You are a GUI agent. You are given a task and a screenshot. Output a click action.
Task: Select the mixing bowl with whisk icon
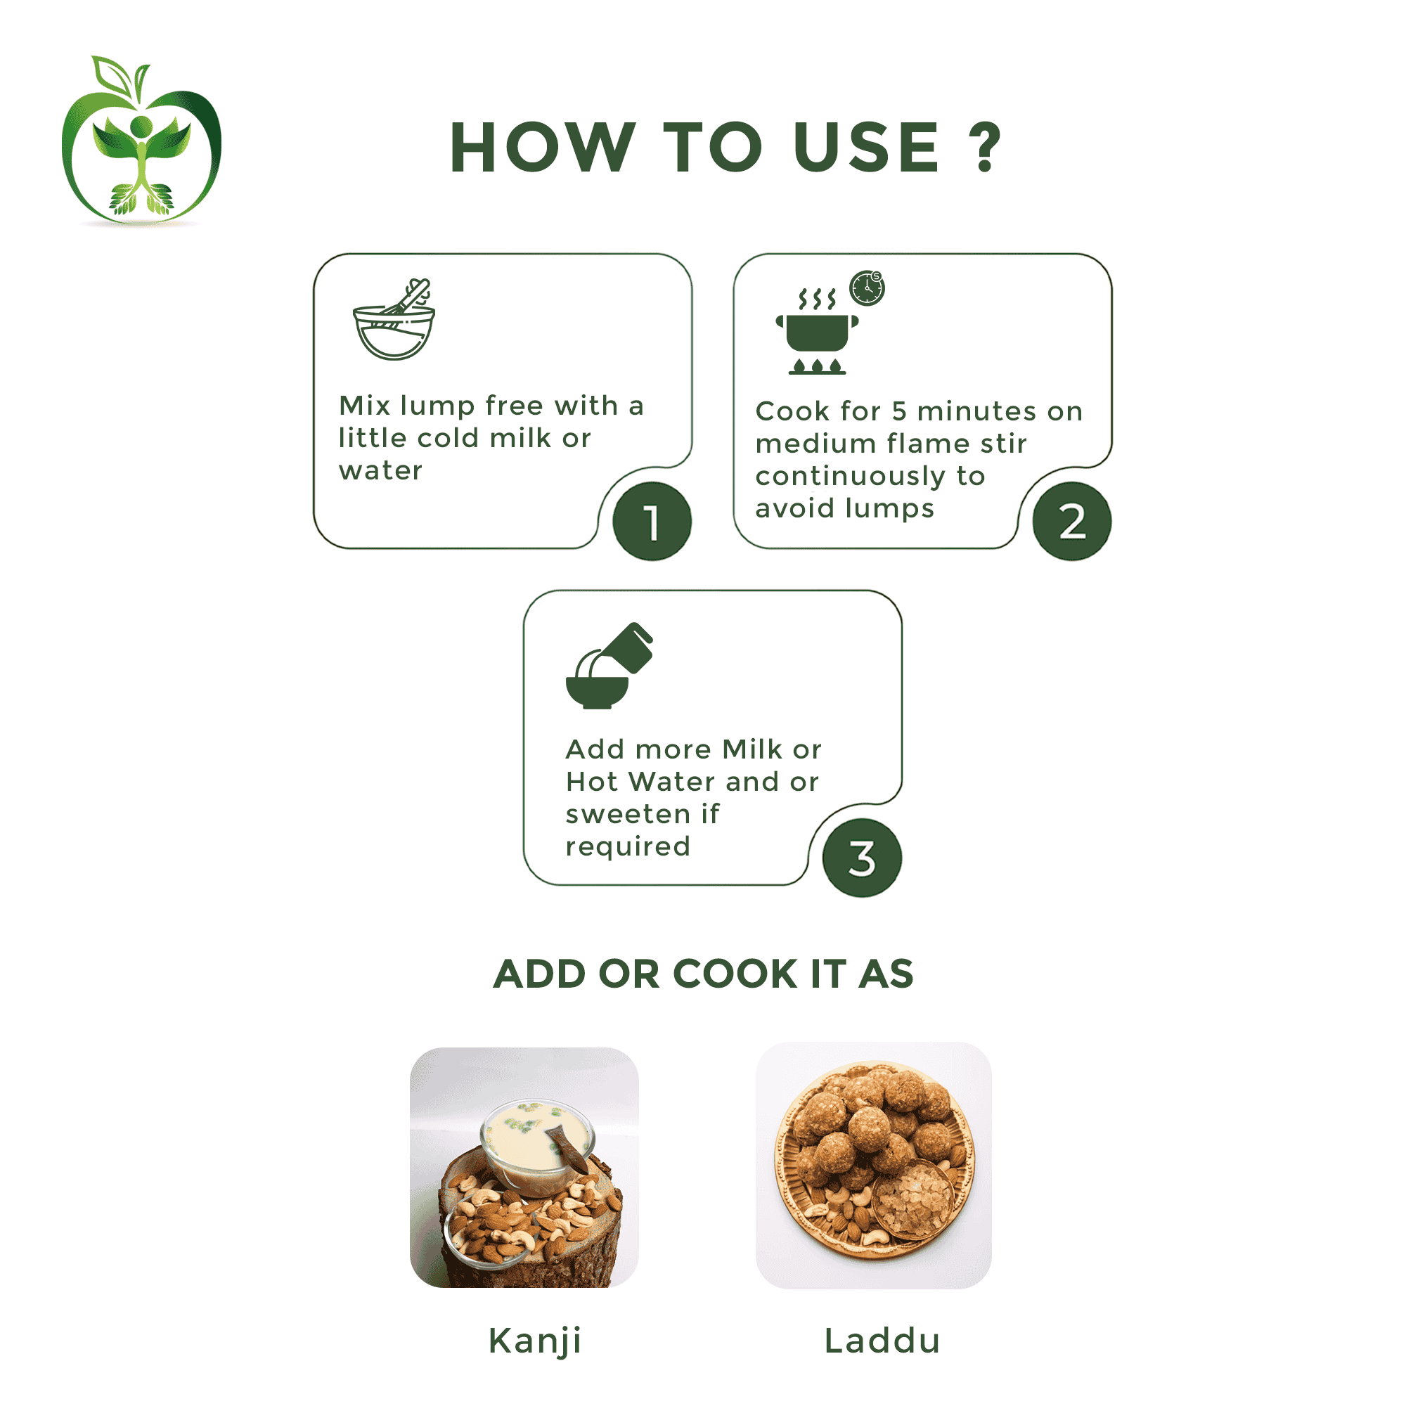394,319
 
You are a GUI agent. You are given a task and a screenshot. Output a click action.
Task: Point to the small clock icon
868,288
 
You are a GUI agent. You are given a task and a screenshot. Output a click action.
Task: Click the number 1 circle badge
652,521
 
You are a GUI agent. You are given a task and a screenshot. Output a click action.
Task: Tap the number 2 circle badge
1072,521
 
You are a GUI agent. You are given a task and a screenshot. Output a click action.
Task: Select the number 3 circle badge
863,858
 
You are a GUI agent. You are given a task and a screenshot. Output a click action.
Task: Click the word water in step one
380,471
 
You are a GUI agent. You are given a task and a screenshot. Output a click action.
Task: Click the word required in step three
628,846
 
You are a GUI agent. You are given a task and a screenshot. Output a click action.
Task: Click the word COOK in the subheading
736,974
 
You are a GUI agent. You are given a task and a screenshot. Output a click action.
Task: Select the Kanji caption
535,1341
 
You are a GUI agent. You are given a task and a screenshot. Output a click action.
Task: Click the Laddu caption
882,1341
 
